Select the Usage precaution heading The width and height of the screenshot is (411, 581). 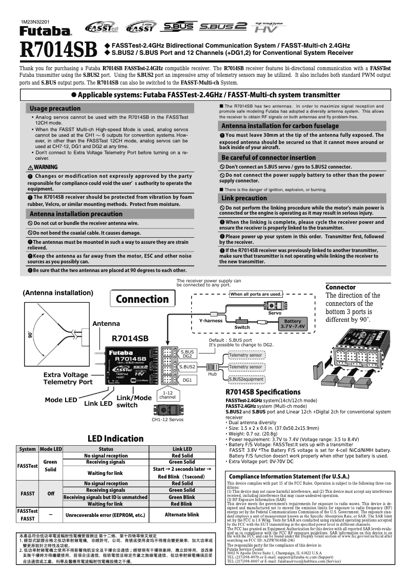coord(55,109)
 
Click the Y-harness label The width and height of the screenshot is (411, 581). coord(211,321)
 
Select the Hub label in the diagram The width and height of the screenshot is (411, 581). coord(212,375)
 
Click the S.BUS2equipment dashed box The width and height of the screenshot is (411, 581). coord(245,379)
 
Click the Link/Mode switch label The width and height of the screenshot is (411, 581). coord(134,401)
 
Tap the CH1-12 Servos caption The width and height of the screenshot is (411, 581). coord(168,420)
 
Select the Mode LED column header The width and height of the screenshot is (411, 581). coord(51,449)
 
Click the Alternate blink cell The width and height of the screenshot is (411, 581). coord(182,514)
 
